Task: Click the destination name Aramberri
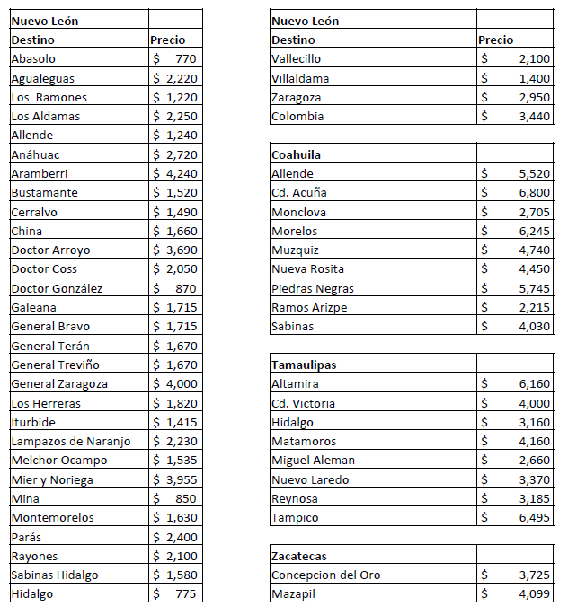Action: click(x=40, y=173)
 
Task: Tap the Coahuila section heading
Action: click(x=297, y=154)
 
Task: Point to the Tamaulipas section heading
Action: click(x=304, y=365)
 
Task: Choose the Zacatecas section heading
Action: click(x=299, y=556)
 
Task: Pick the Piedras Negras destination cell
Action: click(x=313, y=288)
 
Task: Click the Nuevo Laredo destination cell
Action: click(x=310, y=479)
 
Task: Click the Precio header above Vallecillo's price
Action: click(x=496, y=40)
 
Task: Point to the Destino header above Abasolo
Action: click(x=32, y=40)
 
